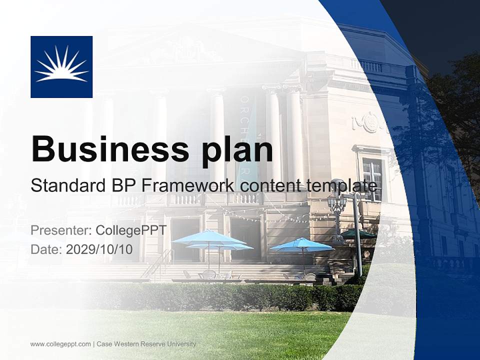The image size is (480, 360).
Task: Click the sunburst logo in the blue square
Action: (x=61, y=66)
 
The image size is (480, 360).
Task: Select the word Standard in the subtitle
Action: (x=64, y=185)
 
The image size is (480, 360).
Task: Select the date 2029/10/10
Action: (x=99, y=249)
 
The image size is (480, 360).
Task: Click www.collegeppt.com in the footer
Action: (x=60, y=344)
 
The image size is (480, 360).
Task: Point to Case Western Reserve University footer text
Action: (x=146, y=344)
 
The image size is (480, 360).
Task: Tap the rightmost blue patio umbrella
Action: (x=301, y=244)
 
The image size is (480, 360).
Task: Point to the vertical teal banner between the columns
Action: (x=246, y=135)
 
